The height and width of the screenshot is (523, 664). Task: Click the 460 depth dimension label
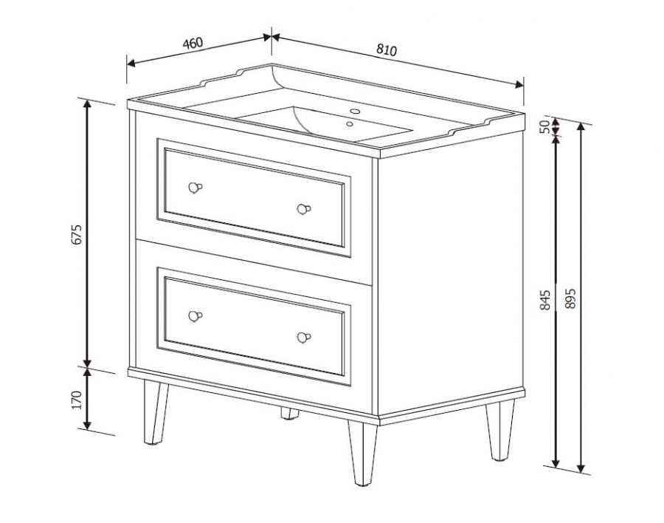[x=193, y=44]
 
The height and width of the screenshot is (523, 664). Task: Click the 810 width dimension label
[x=387, y=50]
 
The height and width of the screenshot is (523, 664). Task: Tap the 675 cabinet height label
[x=77, y=233]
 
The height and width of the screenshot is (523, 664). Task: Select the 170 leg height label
[x=77, y=400]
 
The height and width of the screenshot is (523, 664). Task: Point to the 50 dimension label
[x=544, y=126]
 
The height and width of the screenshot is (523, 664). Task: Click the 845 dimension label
[x=545, y=299]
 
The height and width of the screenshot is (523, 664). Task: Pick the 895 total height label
[x=570, y=298]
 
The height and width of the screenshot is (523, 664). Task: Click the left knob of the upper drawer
[x=195, y=187]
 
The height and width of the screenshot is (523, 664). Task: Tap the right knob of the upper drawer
[x=303, y=209]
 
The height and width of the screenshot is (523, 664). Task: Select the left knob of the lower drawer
[x=195, y=316]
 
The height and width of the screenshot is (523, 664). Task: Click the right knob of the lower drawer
[x=303, y=338]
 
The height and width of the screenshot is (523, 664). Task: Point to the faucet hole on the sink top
[x=355, y=112]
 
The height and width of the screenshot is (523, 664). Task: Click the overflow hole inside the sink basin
[x=350, y=124]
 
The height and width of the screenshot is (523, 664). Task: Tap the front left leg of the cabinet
[x=155, y=412]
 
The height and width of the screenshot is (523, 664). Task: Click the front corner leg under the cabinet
[x=362, y=453]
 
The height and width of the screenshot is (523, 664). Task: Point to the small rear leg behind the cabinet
[x=290, y=414]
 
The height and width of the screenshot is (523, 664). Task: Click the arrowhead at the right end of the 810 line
[x=519, y=84]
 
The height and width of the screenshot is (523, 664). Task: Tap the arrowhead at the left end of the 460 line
[x=131, y=64]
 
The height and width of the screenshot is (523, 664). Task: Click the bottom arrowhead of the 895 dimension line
[x=581, y=467]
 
